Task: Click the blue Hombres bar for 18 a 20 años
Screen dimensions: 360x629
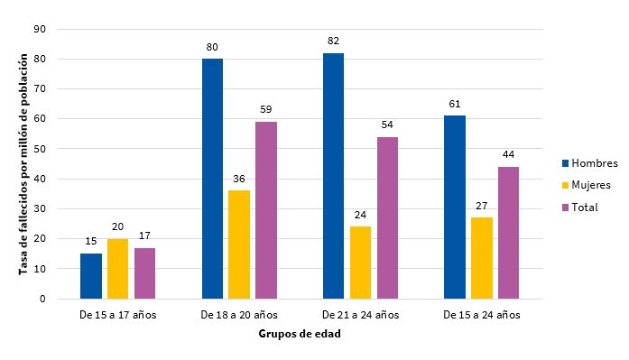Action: coord(212,179)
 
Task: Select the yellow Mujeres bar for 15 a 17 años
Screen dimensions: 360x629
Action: coord(117,269)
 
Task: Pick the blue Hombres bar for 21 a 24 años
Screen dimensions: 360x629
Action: coord(333,176)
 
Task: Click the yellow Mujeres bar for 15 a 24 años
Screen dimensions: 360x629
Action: coord(482,258)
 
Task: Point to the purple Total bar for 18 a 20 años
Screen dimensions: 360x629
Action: coord(266,210)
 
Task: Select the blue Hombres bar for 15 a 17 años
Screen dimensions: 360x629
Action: coord(91,276)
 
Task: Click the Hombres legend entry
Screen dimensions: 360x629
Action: coord(587,163)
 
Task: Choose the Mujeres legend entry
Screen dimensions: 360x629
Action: coord(587,185)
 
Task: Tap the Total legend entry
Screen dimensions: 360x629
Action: coord(582,207)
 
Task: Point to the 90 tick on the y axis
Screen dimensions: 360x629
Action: coord(40,29)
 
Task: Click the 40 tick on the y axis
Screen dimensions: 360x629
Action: coord(40,179)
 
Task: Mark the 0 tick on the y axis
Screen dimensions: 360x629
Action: coord(42,299)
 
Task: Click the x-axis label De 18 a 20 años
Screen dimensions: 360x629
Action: coord(239,315)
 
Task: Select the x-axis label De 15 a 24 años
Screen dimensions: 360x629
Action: coord(482,315)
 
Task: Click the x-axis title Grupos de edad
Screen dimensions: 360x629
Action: coord(299,333)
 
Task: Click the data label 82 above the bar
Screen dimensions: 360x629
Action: coord(333,42)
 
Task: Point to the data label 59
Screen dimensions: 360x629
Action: coord(266,110)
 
